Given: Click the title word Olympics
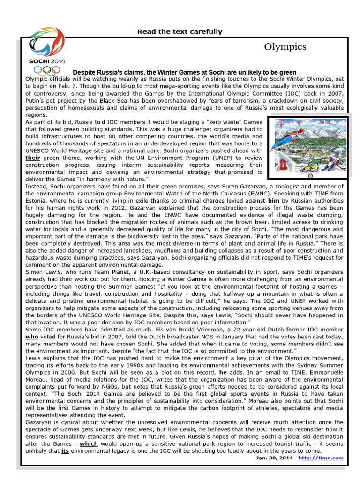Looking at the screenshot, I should [x=285, y=47].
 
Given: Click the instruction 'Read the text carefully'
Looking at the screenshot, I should [x=180, y=32].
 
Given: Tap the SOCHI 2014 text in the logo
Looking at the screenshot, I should [x=47, y=61].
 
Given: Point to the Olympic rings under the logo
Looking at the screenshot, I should [x=47, y=71].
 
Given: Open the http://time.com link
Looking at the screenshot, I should [x=328, y=458].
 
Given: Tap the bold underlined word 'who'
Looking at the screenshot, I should [x=31, y=336].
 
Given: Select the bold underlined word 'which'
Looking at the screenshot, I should [x=89, y=444].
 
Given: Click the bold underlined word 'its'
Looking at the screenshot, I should [x=65, y=451].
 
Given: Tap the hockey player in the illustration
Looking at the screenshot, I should [x=332, y=164].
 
